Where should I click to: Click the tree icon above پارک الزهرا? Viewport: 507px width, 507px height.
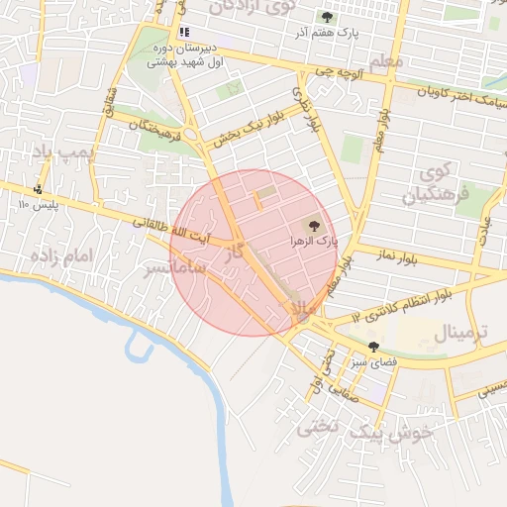(x=315, y=226)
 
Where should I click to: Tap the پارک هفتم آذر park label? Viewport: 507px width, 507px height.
(x=323, y=33)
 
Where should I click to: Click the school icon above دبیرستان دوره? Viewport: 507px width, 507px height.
(x=184, y=32)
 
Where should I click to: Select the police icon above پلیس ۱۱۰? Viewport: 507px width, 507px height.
(x=39, y=189)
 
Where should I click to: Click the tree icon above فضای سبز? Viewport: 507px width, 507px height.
(x=373, y=347)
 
